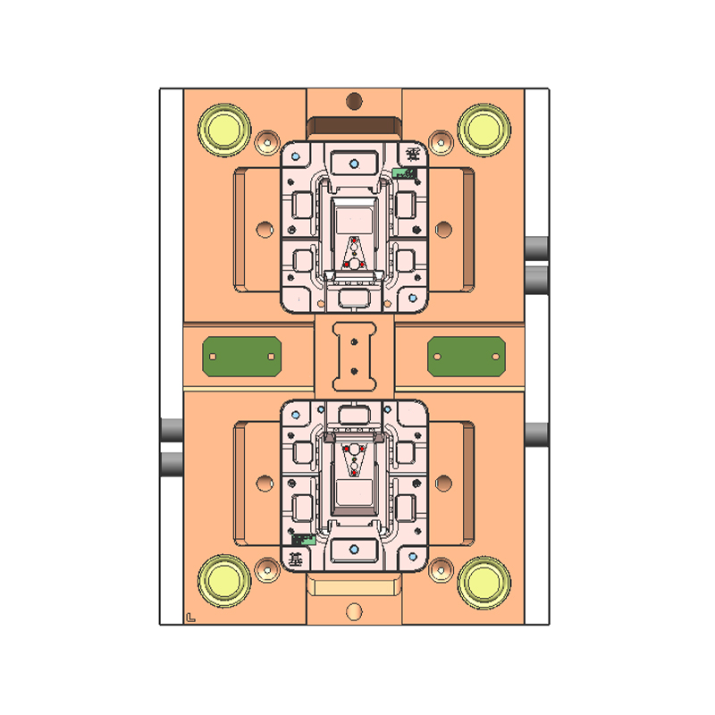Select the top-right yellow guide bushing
(x=484, y=127)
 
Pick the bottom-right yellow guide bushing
(x=484, y=581)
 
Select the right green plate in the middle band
(x=467, y=356)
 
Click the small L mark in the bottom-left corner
(x=190, y=616)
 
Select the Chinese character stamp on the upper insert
(x=411, y=155)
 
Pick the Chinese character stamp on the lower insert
(x=296, y=559)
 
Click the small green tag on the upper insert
(x=405, y=172)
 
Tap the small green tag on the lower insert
(x=303, y=540)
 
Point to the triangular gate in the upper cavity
(x=355, y=254)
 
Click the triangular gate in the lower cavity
(x=355, y=457)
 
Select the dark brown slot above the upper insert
(x=354, y=125)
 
